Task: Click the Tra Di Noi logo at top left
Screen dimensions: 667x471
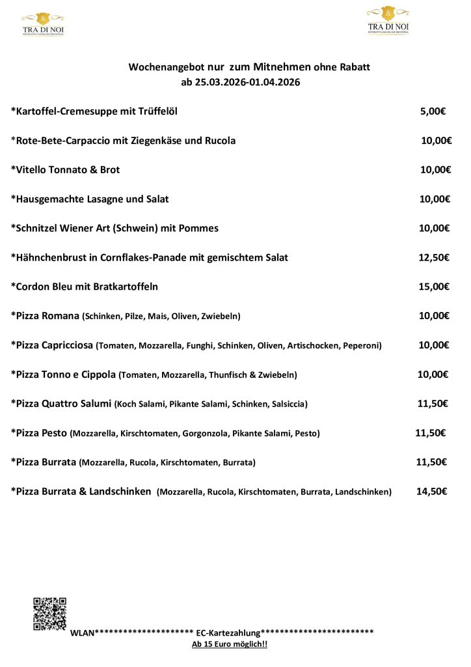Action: [43, 23]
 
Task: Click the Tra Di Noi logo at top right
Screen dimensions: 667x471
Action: [388, 20]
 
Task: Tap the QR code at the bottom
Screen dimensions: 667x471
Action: [49, 614]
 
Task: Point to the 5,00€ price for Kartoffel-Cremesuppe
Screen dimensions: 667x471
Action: [433, 111]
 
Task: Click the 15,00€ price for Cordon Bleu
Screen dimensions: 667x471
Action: [434, 287]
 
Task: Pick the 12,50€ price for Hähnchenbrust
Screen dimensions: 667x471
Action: [434, 257]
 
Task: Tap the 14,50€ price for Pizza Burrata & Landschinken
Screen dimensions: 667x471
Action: [431, 492]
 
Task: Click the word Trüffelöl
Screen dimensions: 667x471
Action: [156, 111]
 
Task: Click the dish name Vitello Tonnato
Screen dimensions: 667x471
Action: [50, 170]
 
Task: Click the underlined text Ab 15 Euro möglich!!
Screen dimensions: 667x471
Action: [230, 644]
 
